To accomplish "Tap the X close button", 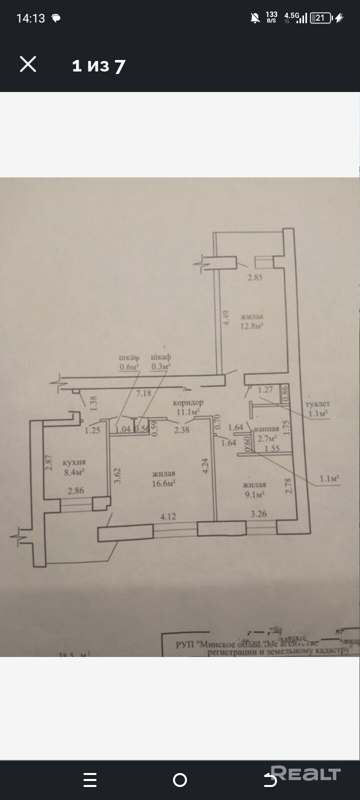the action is pyautogui.click(x=28, y=64).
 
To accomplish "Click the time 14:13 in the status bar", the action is pyautogui.click(x=30, y=18).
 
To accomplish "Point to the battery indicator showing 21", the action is pyautogui.click(x=320, y=18).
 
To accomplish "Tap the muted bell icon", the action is pyautogui.click(x=255, y=18).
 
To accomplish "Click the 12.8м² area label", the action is pyautogui.click(x=252, y=326).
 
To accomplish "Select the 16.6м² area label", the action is pyautogui.click(x=163, y=483).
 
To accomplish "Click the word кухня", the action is pyautogui.click(x=74, y=462).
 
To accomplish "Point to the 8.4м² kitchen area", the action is pyautogui.click(x=73, y=471).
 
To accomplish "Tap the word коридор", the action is pyautogui.click(x=188, y=402).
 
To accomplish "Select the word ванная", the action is pyautogui.click(x=266, y=429).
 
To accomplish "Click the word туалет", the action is pyautogui.click(x=317, y=404).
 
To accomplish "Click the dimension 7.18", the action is pyautogui.click(x=143, y=393).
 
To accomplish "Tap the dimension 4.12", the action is pyautogui.click(x=168, y=516).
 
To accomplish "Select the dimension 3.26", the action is pyautogui.click(x=258, y=513).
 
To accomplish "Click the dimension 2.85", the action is pyautogui.click(x=255, y=277).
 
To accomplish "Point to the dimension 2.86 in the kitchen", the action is pyautogui.click(x=76, y=490).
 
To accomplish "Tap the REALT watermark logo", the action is pyautogui.click(x=305, y=774).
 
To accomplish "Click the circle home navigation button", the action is pyautogui.click(x=180, y=780).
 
